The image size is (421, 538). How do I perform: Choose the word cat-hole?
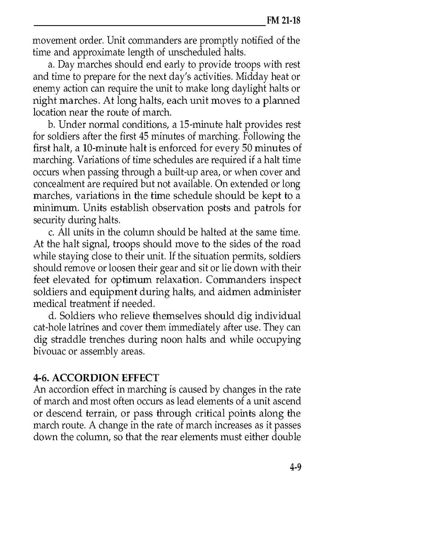(50, 328)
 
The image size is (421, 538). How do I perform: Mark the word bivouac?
(50, 352)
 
